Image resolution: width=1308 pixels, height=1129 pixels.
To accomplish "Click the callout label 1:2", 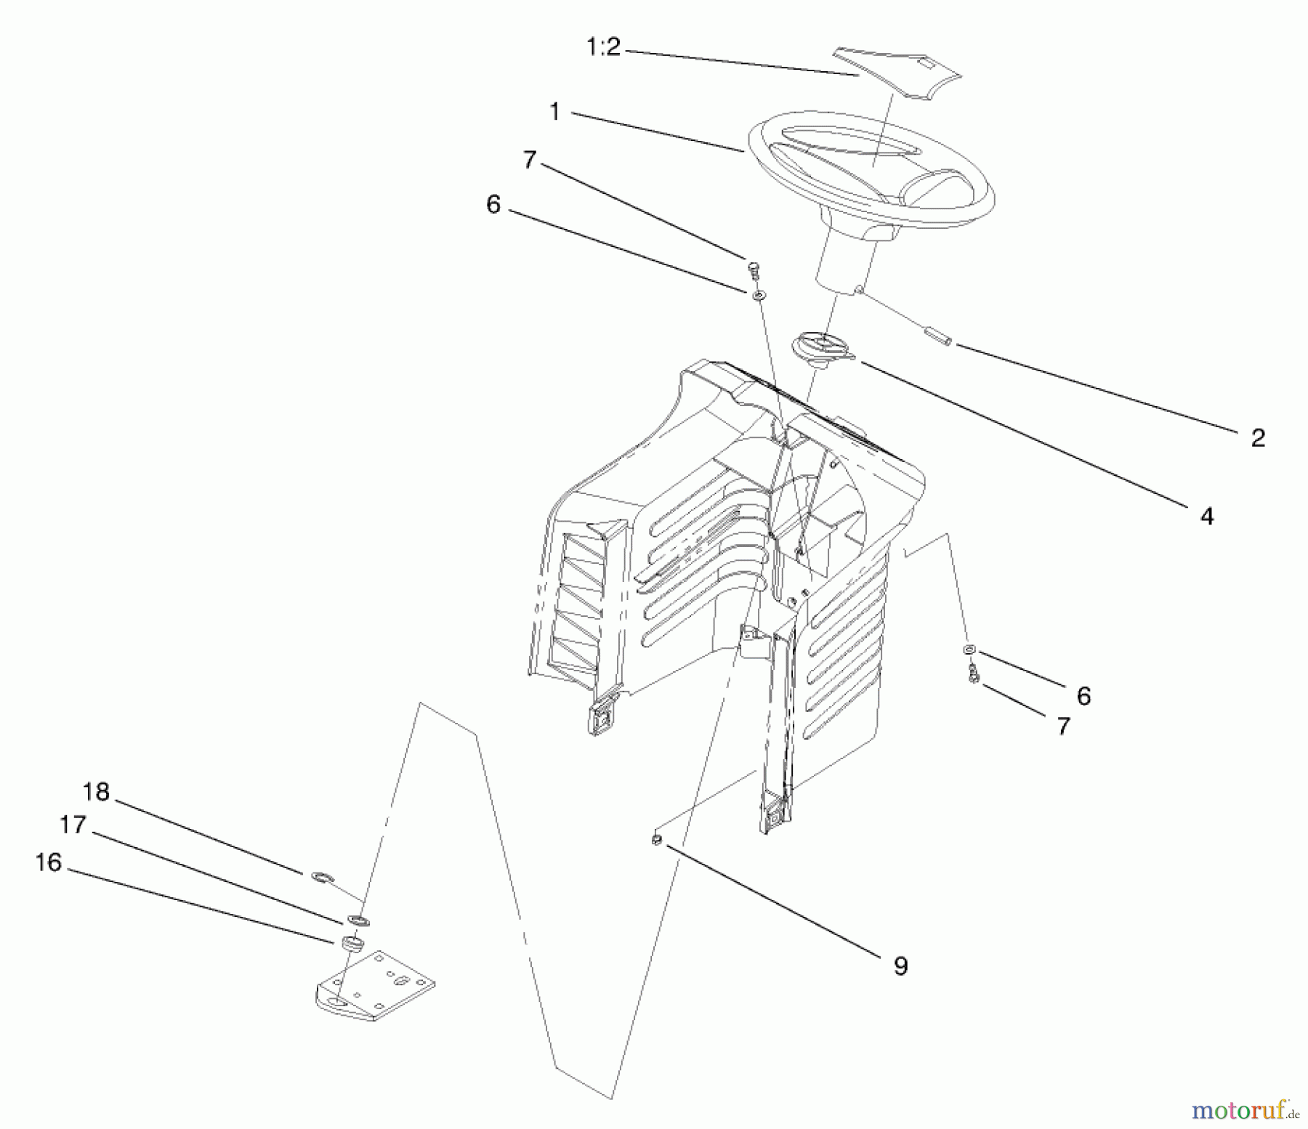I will [603, 48].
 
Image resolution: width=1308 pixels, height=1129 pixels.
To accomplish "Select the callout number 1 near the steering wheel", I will [555, 112].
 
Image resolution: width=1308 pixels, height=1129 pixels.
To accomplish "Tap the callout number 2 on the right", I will [1258, 437].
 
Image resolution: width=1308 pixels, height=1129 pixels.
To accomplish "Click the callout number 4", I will [1206, 517].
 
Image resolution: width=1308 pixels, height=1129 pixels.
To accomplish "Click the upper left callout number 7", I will [529, 160].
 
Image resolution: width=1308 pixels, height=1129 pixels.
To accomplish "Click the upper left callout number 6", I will [493, 206].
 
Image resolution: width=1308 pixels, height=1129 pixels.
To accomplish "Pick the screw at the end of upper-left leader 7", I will [754, 270].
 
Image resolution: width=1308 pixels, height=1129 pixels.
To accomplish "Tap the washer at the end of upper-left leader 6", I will [759, 294].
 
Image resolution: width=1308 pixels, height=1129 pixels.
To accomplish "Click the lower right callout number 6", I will [1083, 696].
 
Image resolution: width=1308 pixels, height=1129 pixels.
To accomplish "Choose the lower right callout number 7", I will [1063, 726].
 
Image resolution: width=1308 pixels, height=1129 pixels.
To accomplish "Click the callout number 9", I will [900, 966].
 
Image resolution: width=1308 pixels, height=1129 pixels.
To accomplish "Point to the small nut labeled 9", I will [656, 840].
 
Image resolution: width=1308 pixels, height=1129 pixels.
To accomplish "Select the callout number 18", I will [96, 791].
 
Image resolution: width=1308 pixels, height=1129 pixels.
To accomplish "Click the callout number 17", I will [73, 825].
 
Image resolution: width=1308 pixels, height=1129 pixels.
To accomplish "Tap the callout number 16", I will [49, 862].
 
